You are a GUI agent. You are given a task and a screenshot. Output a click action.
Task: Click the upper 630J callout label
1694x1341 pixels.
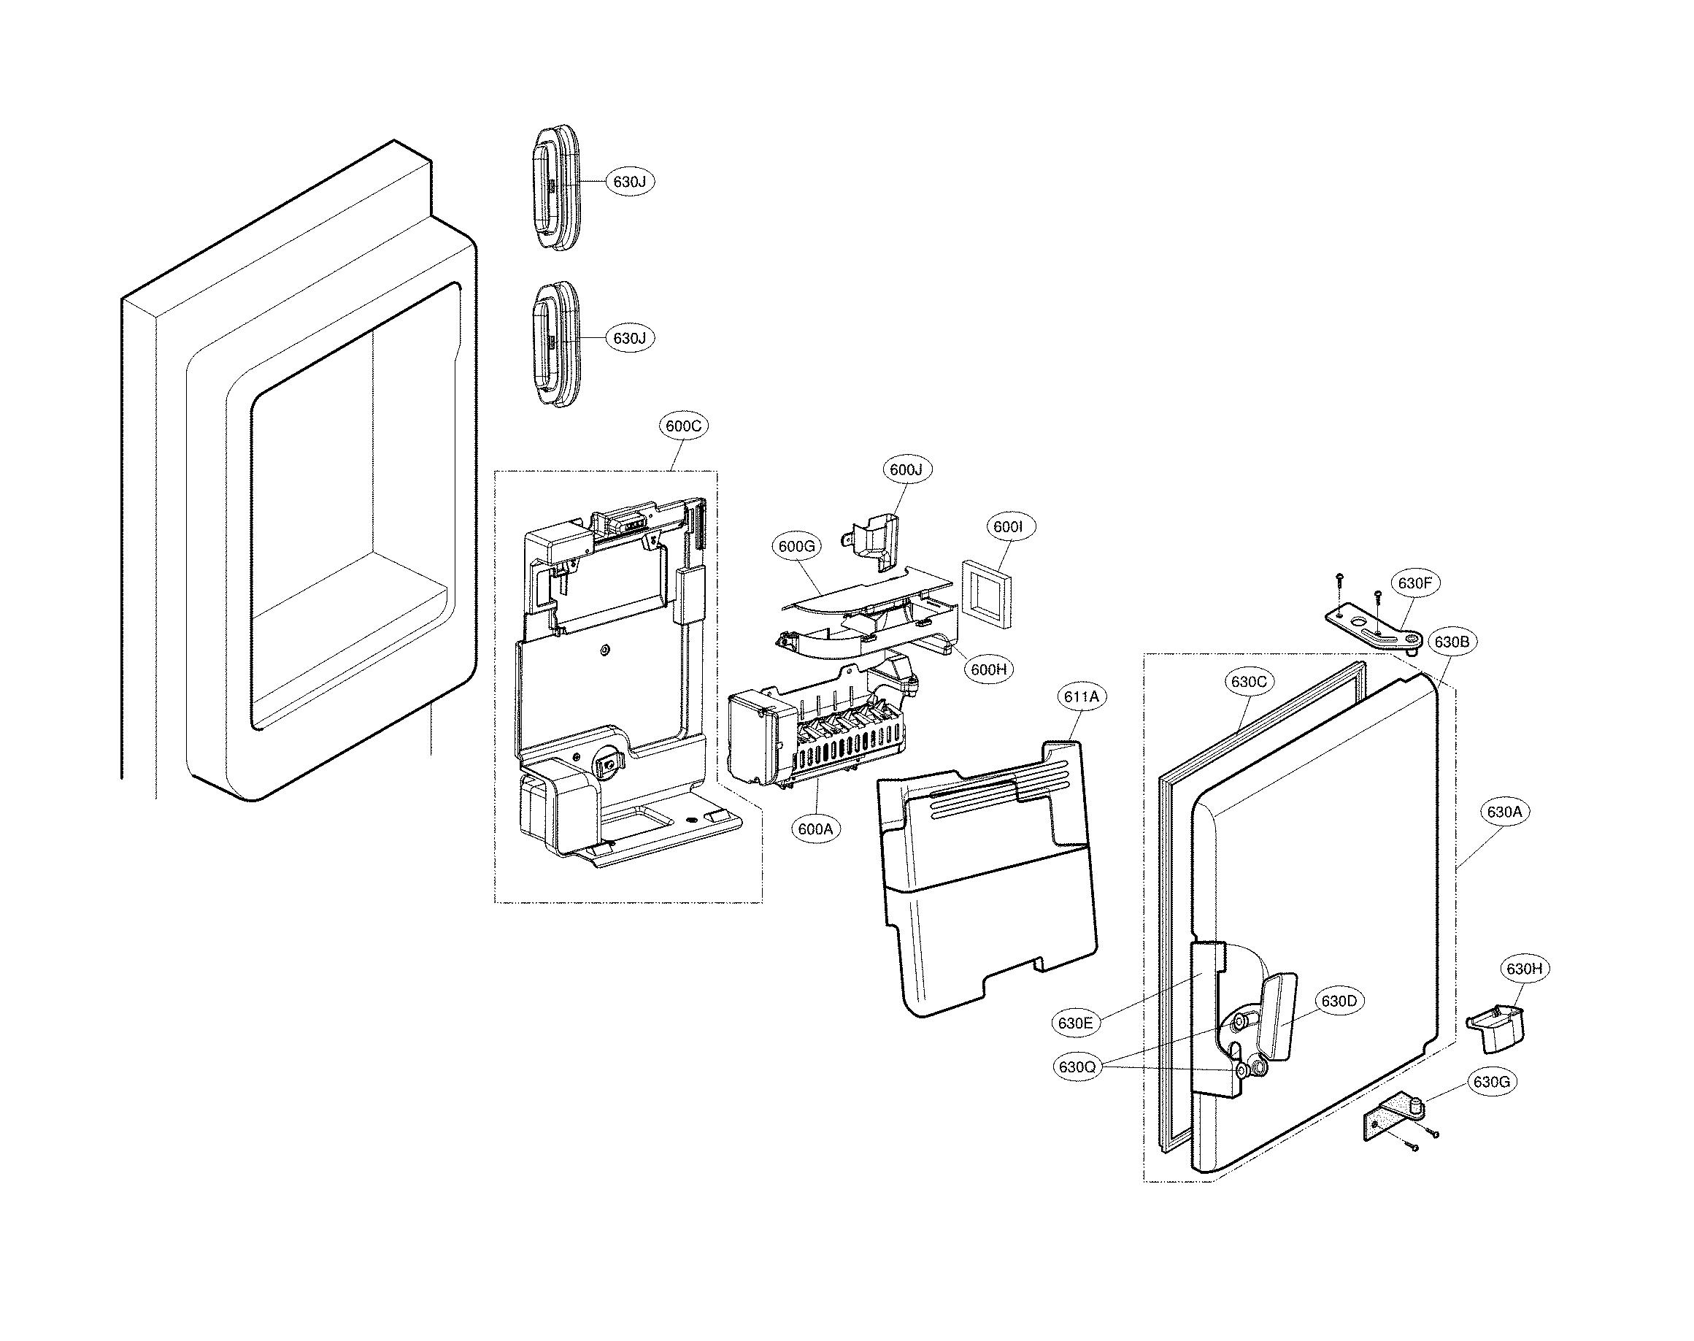coord(630,181)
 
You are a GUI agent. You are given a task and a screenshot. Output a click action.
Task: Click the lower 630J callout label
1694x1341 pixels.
coord(630,339)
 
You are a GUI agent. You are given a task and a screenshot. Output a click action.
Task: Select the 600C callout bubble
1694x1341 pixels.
coord(683,426)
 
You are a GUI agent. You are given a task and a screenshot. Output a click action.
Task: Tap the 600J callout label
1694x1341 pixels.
coord(906,469)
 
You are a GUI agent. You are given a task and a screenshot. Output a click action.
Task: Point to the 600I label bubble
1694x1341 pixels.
coord(1008,527)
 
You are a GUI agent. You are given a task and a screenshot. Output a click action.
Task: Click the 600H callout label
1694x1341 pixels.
coord(988,669)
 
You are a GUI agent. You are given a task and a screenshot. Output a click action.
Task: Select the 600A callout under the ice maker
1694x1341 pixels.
coord(815,829)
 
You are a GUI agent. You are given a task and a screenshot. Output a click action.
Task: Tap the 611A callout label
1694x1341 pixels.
coord(1082,696)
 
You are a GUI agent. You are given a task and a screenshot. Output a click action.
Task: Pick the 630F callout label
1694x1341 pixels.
coord(1415,583)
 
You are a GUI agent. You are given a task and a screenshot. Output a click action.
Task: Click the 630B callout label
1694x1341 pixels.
coord(1452,642)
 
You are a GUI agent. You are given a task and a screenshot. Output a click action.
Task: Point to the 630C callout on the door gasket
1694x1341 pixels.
coord(1248,682)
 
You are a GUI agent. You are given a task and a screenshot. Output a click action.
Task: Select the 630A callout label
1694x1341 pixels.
coord(1504,812)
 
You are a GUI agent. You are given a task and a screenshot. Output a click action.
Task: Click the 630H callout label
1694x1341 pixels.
coord(1525,969)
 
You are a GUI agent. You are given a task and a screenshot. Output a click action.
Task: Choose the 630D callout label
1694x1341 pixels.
coord(1339,1001)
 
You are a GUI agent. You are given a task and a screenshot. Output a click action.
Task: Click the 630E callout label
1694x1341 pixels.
coord(1075,1023)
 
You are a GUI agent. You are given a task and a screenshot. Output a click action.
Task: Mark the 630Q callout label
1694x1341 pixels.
coord(1077,1067)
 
